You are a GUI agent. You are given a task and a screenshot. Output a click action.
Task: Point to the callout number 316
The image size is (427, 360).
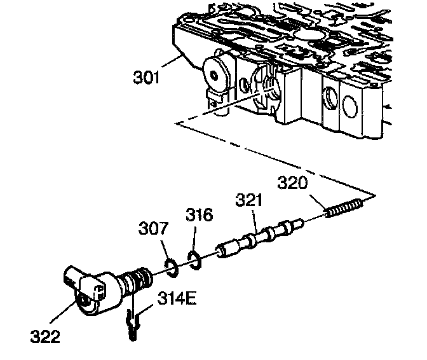(x=199, y=216)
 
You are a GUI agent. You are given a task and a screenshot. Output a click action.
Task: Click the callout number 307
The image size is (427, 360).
(x=154, y=227)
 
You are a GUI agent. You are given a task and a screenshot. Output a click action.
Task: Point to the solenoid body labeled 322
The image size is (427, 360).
(x=89, y=290)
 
